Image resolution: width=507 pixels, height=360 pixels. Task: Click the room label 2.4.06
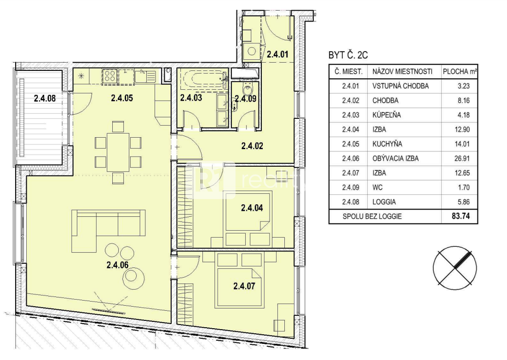117,265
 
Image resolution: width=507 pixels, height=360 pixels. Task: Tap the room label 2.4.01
277,54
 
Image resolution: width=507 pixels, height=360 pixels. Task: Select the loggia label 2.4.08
45,99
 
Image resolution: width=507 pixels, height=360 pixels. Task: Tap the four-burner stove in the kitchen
110,77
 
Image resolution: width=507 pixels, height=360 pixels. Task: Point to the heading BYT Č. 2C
348,55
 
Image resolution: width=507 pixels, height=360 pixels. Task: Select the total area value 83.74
461,216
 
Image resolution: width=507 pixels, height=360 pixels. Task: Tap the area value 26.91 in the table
462,158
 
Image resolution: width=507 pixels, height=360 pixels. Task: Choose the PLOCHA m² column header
460,71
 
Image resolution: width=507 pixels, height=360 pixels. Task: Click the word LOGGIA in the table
384,202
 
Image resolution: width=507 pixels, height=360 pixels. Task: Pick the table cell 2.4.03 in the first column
351,115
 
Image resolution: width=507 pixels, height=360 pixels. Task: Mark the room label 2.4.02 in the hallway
252,146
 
